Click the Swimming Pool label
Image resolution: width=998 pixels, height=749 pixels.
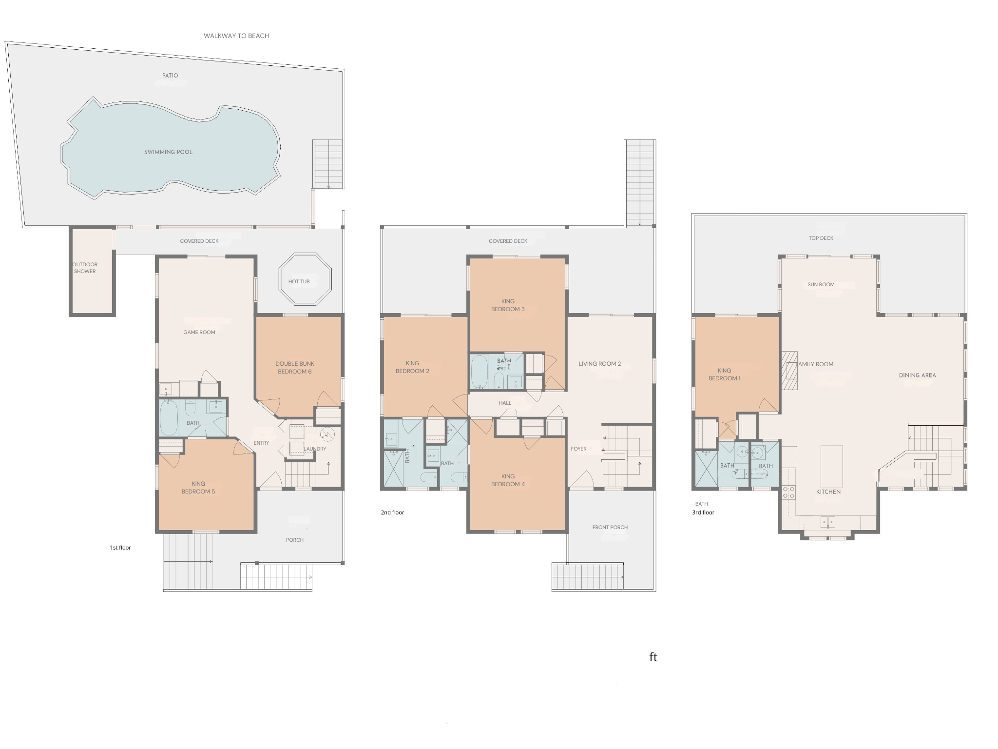pyautogui.click(x=168, y=152)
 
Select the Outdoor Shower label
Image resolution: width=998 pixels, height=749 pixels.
pyautogui.click(x=85, y=268)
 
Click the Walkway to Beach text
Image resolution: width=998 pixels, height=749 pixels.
pyautogui.click(x=236, y=36)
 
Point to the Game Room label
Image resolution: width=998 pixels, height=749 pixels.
pyautogui.click(x=199, y=332)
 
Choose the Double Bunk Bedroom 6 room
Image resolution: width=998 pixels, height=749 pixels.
pyautogui.click(x=295, y=367)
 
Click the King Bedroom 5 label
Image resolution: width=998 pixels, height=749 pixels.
pyautogui.click(x=198, y=488)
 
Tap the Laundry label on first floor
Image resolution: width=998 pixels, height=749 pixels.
pyautogui.click(x=315, y=449)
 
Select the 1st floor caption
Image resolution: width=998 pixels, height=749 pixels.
pyautogui.click(x=120, y=548)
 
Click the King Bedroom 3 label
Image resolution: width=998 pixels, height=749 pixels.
pyautogui.click(x=508, y=305)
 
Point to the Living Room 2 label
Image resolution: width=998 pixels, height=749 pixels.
pyautogui.click(x=599, y=364)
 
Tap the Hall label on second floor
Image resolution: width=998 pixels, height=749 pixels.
pyautogui.click(x=505, y=403)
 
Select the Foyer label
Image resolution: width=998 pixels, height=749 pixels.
pyautogui.click(x=578, y=449)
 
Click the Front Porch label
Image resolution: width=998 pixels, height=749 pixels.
pyautogui.click(x=610, y=527)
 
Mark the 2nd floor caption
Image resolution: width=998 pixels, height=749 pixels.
pyautogui.click(x=392, y=512)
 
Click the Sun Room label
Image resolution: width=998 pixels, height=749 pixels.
pyautogui.click(x=821, y=284)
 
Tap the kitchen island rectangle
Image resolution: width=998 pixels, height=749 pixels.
pyautogui.click(x=831, y=466)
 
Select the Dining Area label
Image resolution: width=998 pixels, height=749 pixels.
pyautogui.click(x=917, y=375)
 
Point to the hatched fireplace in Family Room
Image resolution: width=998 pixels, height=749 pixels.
pyautogui.click(x=789, y=371)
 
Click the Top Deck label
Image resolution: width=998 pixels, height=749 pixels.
pyautogui.click(x=821, y=238)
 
